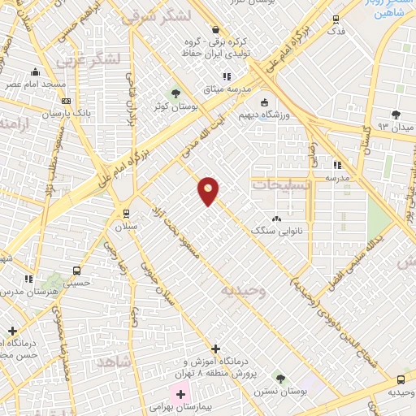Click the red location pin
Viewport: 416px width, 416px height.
pyautogui.click(x=209, y=190)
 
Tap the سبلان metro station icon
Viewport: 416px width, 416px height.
pyautogui.click(x=125, y=213)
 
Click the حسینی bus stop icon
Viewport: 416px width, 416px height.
pyautogui.click(x=76, y=271)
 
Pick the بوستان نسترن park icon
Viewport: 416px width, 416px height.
pyautogui.click(x=280, y=379)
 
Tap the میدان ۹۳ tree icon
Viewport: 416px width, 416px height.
pyautogui.click(x=396, y=115)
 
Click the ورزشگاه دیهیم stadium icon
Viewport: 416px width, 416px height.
pyautogui.click(x=264, y=102)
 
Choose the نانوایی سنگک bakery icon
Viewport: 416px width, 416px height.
pyautogui.click(x=276, y=218)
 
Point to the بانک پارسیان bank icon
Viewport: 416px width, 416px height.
pyautogui.click(x=65, y=101)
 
